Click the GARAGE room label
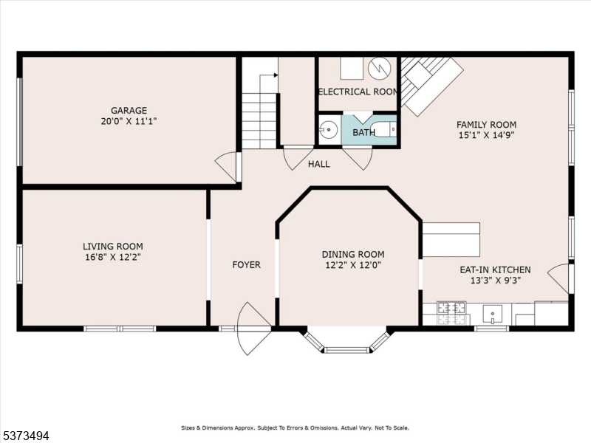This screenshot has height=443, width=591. [129, 110]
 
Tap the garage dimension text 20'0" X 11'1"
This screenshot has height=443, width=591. [129, 121]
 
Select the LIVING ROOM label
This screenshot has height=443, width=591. [112, 247]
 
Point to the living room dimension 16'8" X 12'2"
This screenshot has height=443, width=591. [112, 258]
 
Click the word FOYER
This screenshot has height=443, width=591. [246, 265]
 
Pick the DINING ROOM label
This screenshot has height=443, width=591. [353, 254]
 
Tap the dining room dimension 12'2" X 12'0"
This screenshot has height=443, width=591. [353, 265]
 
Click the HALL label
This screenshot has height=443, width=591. [319, 164]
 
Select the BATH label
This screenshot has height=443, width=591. [363, 133]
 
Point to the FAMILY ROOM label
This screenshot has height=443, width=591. [486, 125]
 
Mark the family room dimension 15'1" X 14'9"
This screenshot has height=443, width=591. [486, 136]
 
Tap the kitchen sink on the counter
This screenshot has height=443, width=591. [493, 314]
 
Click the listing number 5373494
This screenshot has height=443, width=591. [26, 436]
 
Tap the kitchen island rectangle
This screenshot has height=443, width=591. [451, 239]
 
